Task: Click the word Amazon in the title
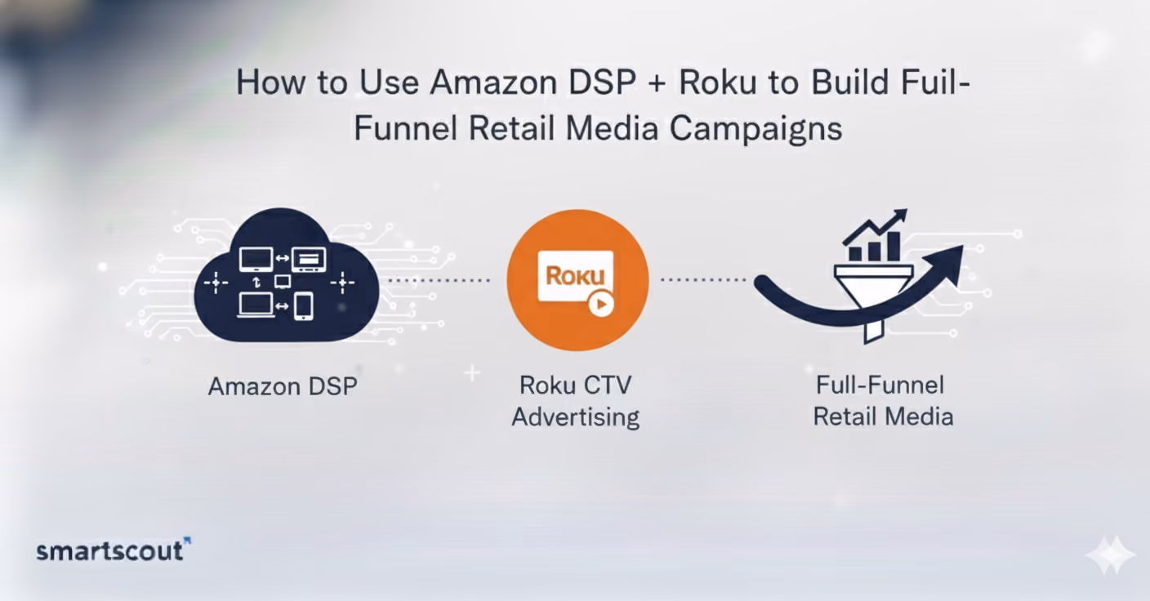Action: [493, 82]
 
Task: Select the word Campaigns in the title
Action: [756, 128]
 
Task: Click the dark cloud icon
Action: [287, 275]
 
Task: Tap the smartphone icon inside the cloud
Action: [303, 306]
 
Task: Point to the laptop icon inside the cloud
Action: [256, 305]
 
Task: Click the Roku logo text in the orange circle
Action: [575, 275]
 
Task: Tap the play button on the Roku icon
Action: [601, 305]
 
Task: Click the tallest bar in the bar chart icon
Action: [894, 246]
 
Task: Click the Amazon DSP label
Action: [283, 386]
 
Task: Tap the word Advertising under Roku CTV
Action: [576, 416]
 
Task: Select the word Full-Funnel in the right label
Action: [880, 385]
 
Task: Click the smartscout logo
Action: [114, 550]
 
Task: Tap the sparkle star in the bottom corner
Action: [1110, 554]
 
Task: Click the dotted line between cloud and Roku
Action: [439, 280]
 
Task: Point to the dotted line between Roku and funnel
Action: [703, 280]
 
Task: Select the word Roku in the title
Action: [718, 82]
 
